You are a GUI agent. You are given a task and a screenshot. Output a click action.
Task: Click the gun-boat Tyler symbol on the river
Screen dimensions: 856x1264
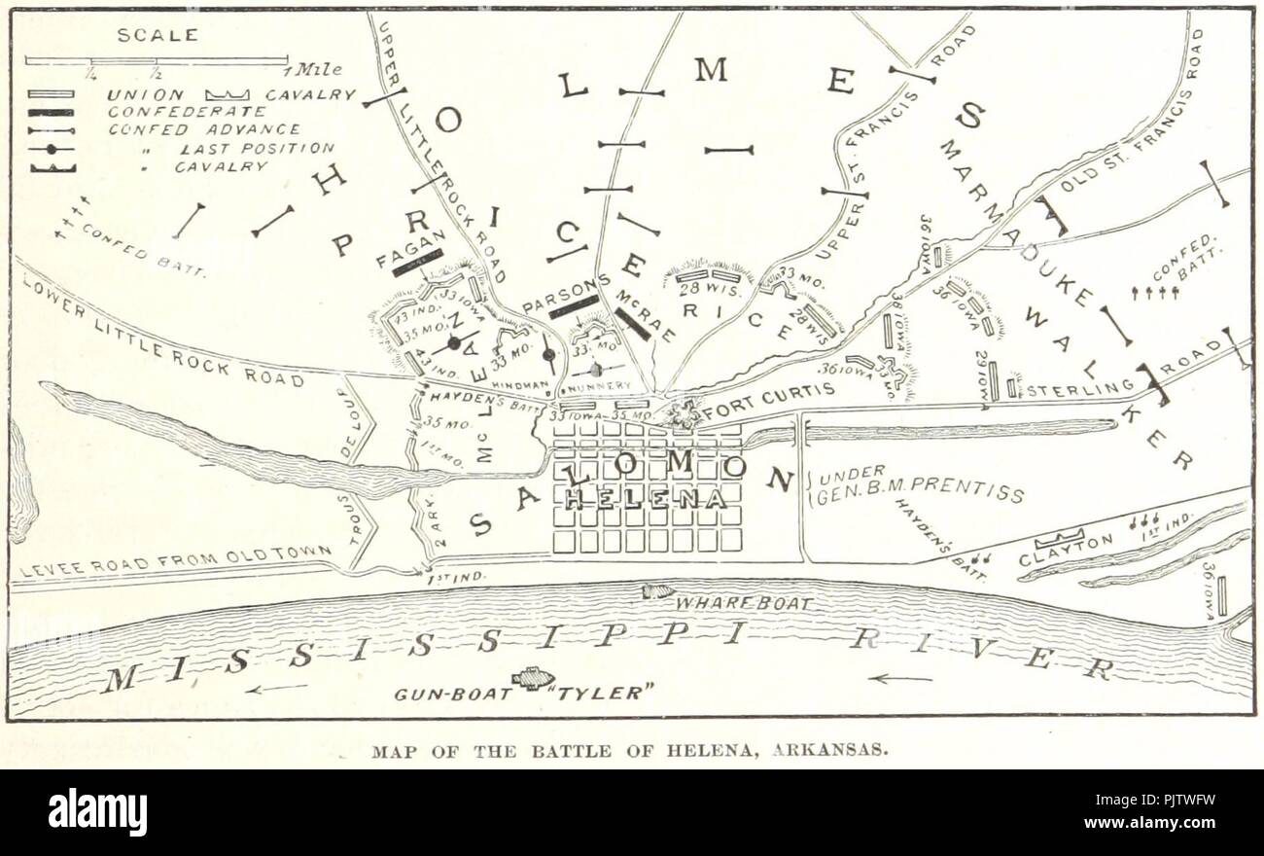click(533, 678)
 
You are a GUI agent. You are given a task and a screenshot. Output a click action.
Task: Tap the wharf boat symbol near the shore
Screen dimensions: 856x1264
click(658, 590)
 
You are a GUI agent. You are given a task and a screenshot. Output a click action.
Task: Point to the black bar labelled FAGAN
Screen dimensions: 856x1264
click(417, 262)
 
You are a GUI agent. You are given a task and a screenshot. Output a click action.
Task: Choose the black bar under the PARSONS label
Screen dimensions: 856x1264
click(574, 307)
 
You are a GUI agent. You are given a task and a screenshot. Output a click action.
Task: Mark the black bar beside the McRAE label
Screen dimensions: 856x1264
click(632, 324)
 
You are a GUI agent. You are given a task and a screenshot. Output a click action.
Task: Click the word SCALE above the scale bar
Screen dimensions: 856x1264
click(158, 35)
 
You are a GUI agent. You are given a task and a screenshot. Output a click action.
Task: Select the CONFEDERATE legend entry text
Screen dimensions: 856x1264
click(186, 112)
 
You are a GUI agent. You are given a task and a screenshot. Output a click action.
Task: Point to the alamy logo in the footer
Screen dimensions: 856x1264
click(97, 812)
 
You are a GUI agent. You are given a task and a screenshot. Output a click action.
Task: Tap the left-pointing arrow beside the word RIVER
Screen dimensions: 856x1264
click(899, 678)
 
